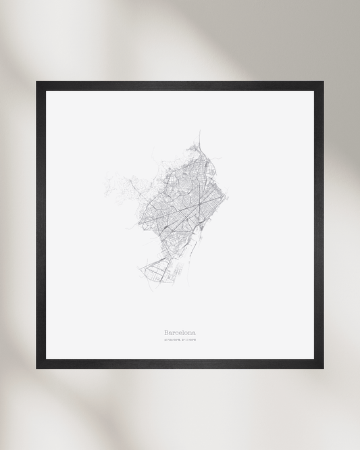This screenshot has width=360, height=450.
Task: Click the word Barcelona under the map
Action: pyautogui.click(x=180, y=332)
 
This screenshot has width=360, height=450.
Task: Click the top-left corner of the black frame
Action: pyautogui.click(x=38, y=83)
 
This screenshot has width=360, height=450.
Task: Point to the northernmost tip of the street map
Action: pyautogui.click(x=200, y=131)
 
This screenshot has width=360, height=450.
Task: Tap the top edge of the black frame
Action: pyautogui.click(x=180, y=86)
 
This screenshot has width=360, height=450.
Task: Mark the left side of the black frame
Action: pyautogui.click(x=41, y=225)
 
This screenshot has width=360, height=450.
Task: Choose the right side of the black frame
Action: pyautogui.click(x=319, y=225)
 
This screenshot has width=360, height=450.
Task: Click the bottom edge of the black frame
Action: pyautogui.click(x=180, y=364)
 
